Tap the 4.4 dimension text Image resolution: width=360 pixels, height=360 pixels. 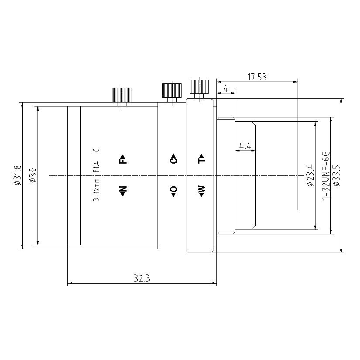coord(245,146)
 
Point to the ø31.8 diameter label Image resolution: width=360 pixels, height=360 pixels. coord(17,175)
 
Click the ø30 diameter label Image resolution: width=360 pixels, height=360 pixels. coord(31,175)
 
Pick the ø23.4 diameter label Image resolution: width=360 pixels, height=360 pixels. coord(310,175)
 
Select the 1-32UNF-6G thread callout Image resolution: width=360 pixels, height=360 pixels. coord(325,175)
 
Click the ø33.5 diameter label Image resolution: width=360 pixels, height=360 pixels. coord(336,175)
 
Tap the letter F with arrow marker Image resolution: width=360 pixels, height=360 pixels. coord(123,159)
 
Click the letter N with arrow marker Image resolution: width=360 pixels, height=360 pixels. coord(123,191)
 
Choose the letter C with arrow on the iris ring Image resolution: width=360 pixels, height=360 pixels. coord(173,159)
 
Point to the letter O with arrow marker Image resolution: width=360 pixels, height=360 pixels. coord(173,191)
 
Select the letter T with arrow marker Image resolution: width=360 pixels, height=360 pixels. coord(201,159)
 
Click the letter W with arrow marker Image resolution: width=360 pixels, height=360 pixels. coord(201,191)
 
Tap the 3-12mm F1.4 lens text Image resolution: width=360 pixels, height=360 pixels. coord(97,175)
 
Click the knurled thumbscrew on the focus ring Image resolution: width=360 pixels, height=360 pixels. coord(122,94)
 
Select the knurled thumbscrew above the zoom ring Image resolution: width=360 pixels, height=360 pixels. coord(199,86)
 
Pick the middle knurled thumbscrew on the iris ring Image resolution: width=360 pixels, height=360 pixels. coord(172,90)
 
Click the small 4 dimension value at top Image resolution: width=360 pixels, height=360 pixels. coord(225,89)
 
